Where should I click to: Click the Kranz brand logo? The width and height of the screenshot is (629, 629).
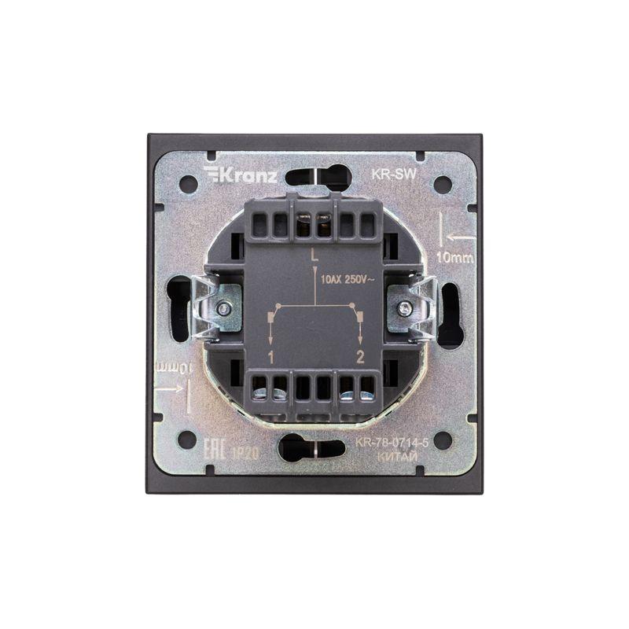tap(240, 174)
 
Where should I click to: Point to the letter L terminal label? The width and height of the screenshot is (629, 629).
tap(314, 255)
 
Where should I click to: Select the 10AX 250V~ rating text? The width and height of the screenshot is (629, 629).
tap(352, 279)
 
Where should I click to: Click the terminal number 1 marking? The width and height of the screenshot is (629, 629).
tap(270, 359)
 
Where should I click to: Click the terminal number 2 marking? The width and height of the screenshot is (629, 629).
tap(361, 359)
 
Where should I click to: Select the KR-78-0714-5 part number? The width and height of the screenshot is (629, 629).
tap(392, 443)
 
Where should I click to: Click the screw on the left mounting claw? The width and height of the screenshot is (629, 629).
tap(225, 309)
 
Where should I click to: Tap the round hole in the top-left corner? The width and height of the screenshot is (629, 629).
tap(188, 185)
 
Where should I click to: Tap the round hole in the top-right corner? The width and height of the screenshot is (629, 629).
tap(443, 185)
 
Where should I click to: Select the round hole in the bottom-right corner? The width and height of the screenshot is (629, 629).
tap(443, 440)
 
